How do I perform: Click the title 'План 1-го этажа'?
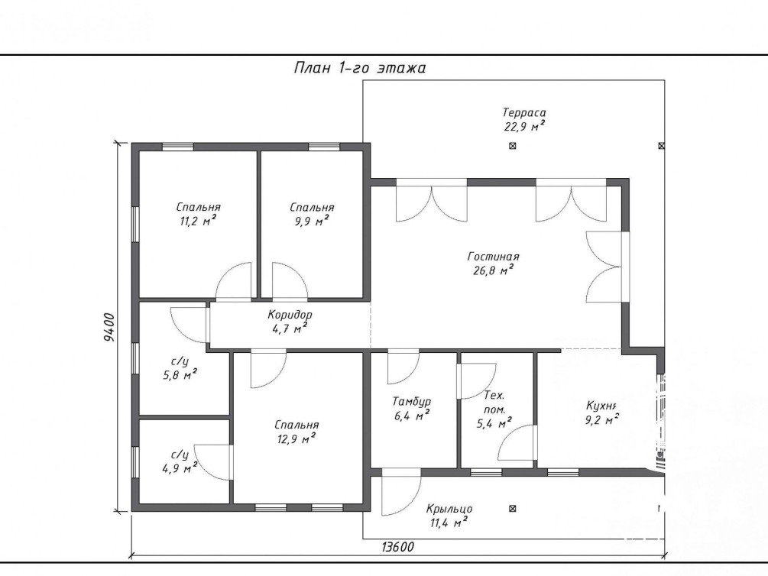coord(359,67)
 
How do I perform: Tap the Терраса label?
coord(524,113)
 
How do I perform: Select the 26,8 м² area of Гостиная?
coord(493,270)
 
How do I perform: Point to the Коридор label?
coord(290,315)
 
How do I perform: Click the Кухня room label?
coord(601,406)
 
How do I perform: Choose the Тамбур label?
coord(411,402)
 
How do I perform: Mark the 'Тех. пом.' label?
coord(494,402)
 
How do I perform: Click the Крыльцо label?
coord(449,509)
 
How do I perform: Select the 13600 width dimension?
coord(397,547)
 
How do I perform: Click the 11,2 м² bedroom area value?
coord(198,221)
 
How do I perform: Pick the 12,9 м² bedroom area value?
coord(297,438)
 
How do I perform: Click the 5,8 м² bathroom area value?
coord(180,376)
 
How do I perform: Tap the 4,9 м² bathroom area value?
coord(180,469)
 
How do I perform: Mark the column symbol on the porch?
coord(512,509)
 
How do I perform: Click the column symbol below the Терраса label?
coord(512,145)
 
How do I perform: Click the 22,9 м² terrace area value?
coord(524,127)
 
